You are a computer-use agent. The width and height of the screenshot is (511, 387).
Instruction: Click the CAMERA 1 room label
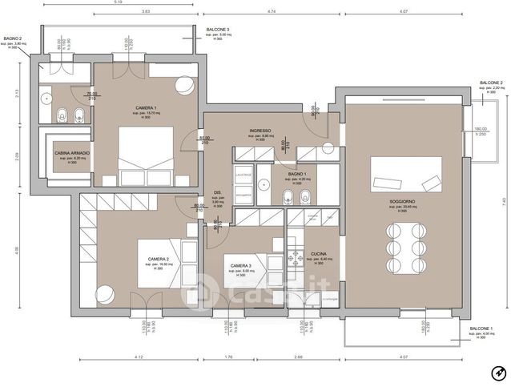(x=145, y=107)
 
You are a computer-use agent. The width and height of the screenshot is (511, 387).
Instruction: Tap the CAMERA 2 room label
(x=158, y=259)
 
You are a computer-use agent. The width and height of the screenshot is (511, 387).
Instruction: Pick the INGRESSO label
(x=260, y=131)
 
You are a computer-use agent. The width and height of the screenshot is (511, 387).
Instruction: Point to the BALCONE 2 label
(x=490, y=83)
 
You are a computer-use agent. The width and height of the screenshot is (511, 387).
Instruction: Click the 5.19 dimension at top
(x=118, y=3)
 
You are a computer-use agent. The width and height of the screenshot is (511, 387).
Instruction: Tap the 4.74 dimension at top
(x=272, y=13)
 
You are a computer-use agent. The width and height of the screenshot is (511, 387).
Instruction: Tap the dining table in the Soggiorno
(x=404, y=247)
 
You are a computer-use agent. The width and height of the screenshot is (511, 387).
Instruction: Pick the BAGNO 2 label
(x=13, y=38)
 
